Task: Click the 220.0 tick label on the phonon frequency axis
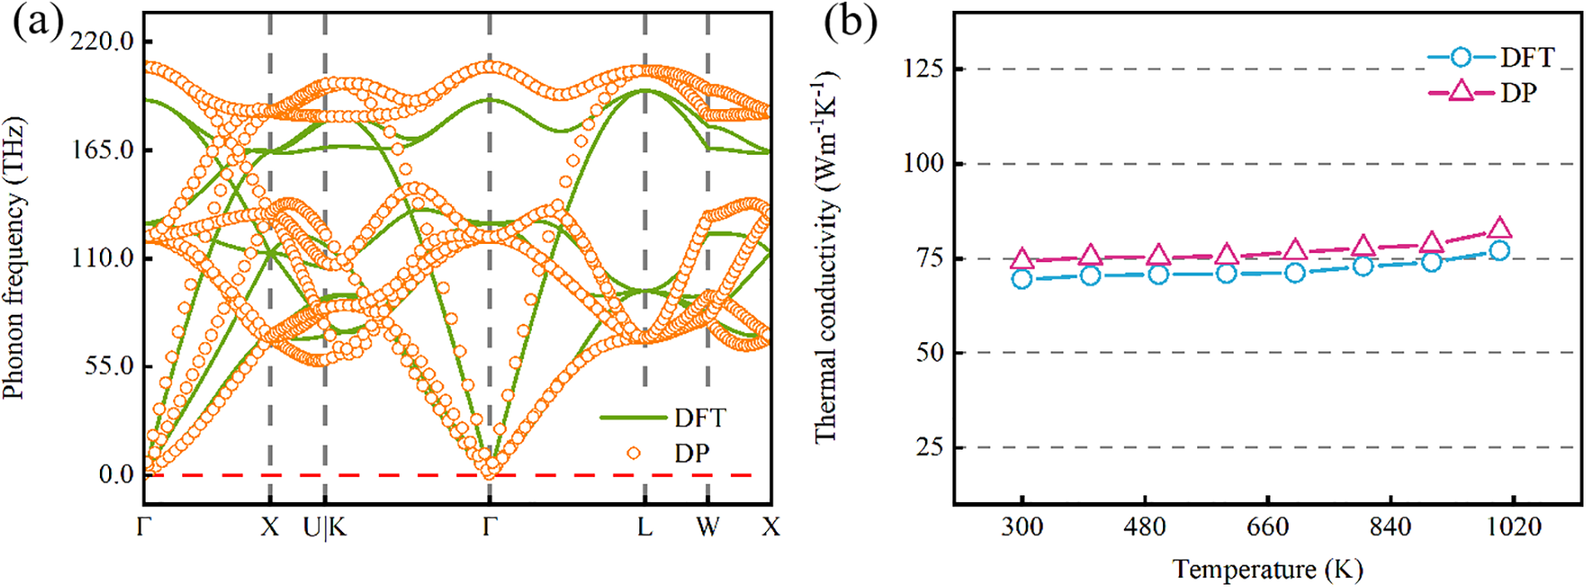tap(102, 41)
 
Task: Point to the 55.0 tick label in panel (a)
tap(108, 366)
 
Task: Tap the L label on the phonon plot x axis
tap(644, 527)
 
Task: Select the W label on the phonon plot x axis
tap(708, 527)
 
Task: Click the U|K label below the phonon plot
tap(325, 527)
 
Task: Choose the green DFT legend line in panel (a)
tap(633, 417)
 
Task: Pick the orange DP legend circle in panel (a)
tap(634, 453)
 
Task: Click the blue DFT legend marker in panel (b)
tap(1460, 57)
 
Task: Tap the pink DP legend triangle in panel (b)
tap(1460, 92)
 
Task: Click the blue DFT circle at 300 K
tap(1022, 279)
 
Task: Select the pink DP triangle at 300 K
tap(1022, 260)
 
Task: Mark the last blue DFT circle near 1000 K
tap(1499, 251)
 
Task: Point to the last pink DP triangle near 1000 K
tap(1499, 228)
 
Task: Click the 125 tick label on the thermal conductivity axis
tap(923, 68)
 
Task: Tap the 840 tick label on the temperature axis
tap(1390, 527)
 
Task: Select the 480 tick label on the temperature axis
tap(1145, 527)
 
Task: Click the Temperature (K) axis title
tap(1267, 570)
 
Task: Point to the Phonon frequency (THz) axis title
tap(14, 258)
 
